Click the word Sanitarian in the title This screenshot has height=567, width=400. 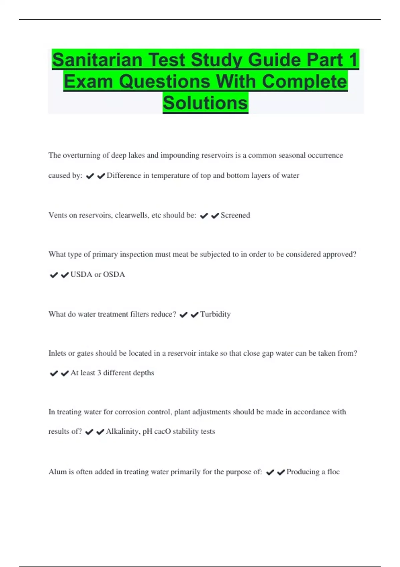97,60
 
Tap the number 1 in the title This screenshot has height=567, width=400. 353,60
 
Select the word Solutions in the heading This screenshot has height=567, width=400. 205,103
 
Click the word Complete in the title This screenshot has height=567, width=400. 304,82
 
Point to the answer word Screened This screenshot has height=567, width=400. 235,215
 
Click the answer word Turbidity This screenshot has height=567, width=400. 215,314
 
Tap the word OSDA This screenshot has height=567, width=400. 114,274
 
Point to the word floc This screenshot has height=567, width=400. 333,472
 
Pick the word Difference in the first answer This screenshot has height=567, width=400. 124,176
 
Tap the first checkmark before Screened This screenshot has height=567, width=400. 204,216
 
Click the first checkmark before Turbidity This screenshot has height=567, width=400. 183,315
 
